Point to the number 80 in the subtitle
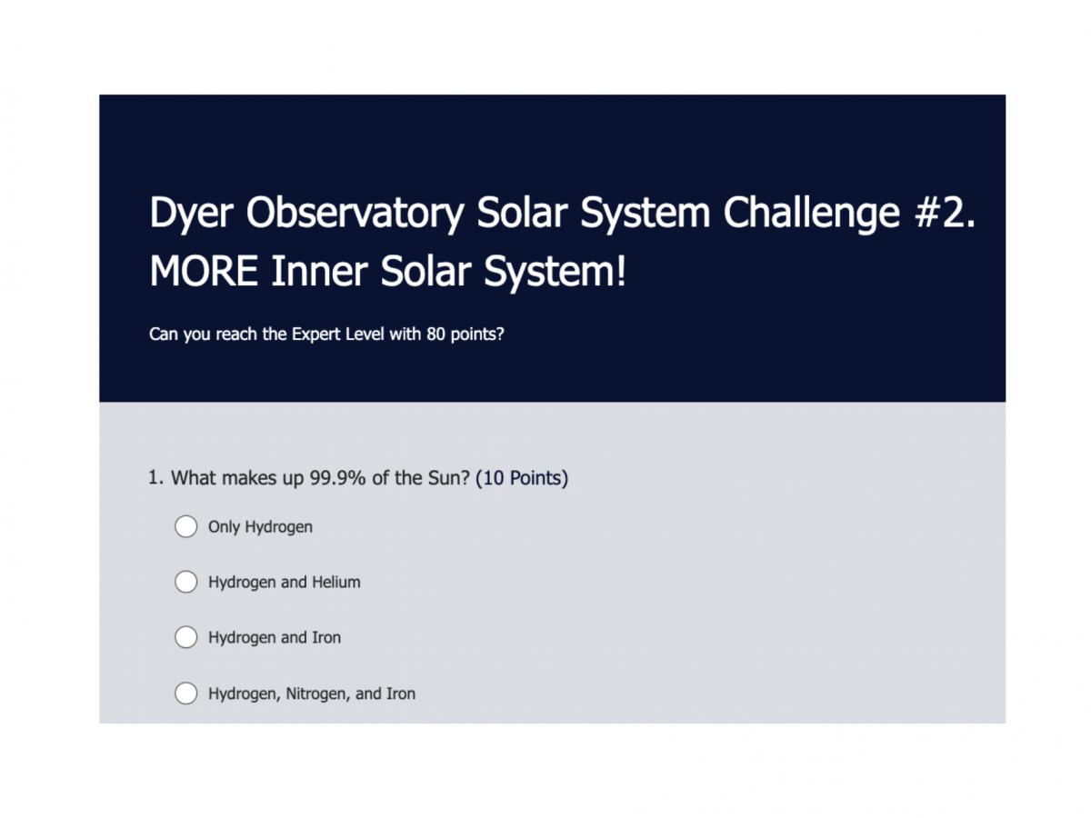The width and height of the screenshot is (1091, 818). click(x=435, y=334)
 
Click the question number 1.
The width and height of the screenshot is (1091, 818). click(x=155, y=478)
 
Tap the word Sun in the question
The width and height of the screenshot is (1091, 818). click(x=446, y=478)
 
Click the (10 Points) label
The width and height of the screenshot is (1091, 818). click(x=522, y=478)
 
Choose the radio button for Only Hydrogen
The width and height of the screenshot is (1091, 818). click(x=185, y=526)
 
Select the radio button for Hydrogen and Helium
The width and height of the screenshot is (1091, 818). click(x=185, y=582)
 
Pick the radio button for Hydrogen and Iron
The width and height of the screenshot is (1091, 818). click(x=185, y=638)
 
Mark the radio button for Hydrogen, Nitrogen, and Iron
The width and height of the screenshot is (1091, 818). click(x=185, y=693)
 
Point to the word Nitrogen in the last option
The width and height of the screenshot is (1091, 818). click(x=318, y=694)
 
